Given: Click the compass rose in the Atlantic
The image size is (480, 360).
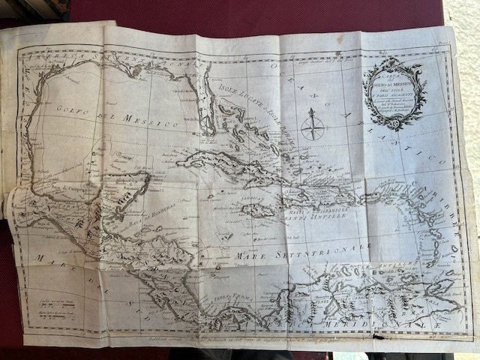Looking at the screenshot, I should point(310,125).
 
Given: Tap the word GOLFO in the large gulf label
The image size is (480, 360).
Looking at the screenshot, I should point(70,112).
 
